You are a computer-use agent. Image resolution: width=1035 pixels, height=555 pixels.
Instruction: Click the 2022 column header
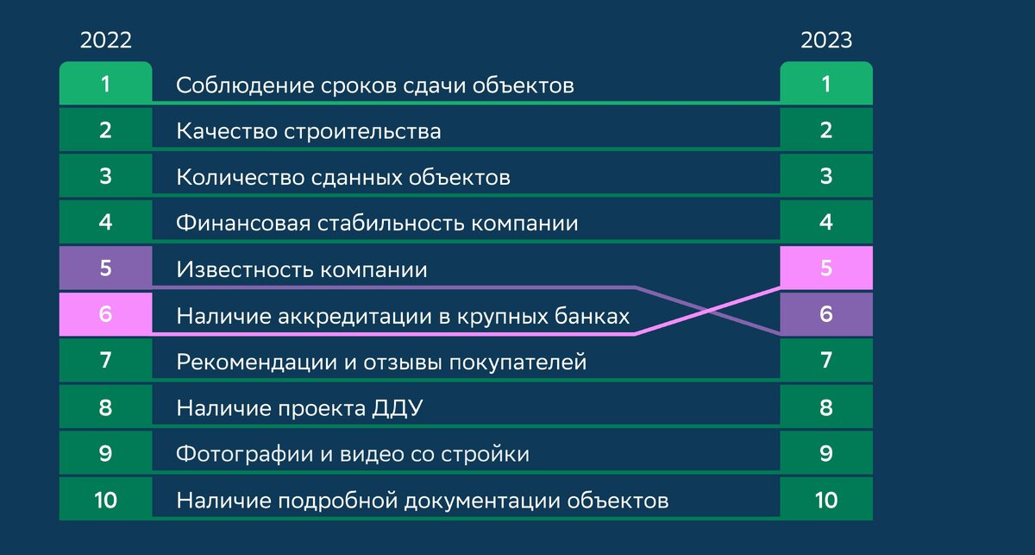coord(105,41)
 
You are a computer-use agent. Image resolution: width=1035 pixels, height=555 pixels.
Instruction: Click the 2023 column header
coord(826,41)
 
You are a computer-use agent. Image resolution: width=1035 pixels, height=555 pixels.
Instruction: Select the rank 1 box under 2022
coord(105,85)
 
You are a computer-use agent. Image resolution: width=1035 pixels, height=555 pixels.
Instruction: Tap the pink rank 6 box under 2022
coord(105,314)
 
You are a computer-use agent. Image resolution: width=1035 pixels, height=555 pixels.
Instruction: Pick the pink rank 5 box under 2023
coord(826,268)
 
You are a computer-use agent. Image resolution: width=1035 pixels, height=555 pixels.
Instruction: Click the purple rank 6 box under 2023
coord(826,314)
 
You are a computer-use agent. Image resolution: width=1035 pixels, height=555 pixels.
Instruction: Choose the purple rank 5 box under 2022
coord(105,268)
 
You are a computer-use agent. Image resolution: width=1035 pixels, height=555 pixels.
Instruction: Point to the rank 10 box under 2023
coord(826,500)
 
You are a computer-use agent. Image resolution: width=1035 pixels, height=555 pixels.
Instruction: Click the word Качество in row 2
coord(216,131)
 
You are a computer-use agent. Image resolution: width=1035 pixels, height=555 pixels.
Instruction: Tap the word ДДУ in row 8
coord(399,407)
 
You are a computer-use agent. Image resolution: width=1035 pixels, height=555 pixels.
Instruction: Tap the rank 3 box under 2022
coord(105,177)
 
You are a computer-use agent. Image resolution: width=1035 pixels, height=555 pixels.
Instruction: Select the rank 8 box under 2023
coord(826,407)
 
